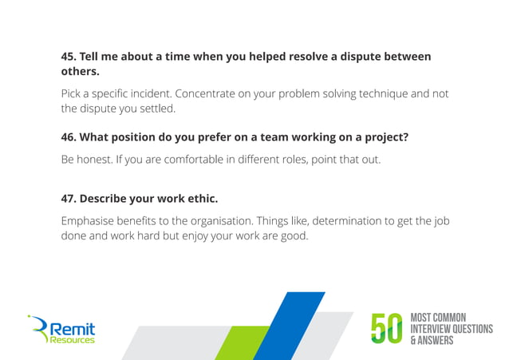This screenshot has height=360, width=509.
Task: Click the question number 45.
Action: point(69,57)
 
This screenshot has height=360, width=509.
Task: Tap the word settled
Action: point(154,109)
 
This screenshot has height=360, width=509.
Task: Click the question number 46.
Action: point(69,137)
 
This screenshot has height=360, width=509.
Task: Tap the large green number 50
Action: point(388,329)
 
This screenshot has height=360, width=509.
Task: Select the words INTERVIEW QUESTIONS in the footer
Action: point(451,329)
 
